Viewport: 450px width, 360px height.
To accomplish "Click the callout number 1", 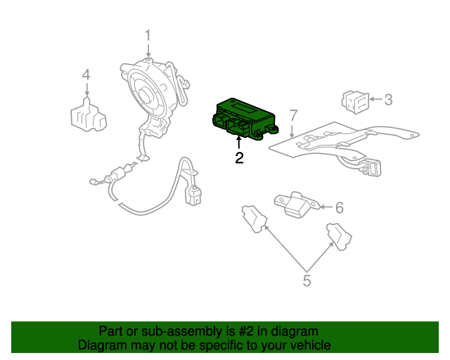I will click(x=148, y=34).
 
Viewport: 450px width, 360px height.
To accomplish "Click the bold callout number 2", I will click(x=239, y=158).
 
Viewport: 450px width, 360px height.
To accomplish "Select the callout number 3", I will click(x=387, y=99).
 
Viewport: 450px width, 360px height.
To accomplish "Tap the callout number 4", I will click(x=86, y=74).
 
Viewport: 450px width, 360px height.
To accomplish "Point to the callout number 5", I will click(x=307, y=281).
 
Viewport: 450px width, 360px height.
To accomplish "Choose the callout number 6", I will click(x=339, y=207).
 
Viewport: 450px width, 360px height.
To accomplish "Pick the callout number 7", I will click(x=293, y=115).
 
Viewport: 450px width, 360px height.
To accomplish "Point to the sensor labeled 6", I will click(x=295, y=203).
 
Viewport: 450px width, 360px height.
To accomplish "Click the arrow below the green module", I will click(x=239, y=143).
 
